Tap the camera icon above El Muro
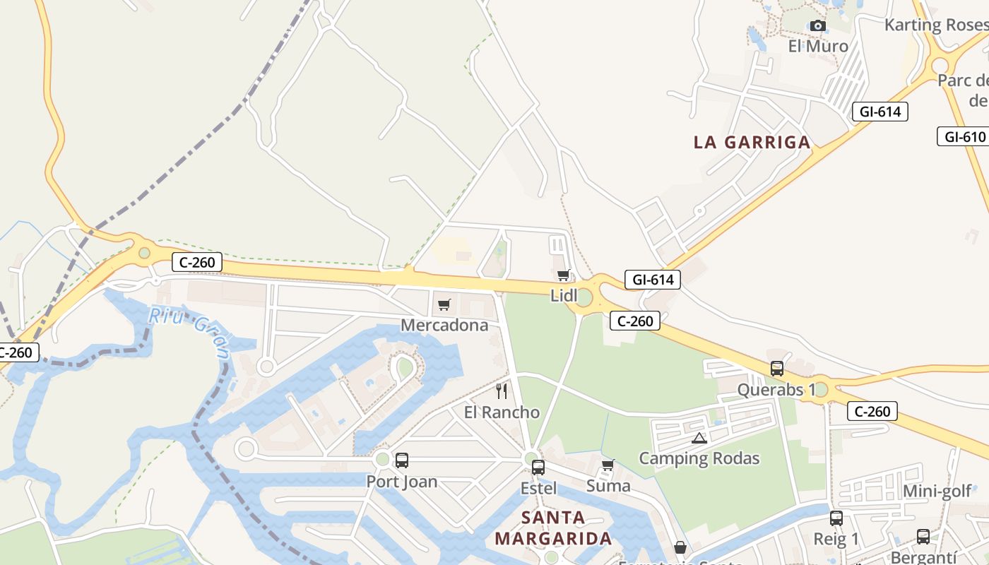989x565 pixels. pos(818,26)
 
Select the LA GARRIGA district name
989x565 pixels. pos(752,142)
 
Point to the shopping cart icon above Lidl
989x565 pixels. pos(563,275)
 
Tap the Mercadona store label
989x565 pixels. pos(444,325)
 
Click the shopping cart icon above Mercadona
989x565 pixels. pos(444,305)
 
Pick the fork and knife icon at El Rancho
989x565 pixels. pos(502,391)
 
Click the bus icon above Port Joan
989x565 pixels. pos(402,460)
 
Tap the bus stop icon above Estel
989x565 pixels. pos(538,467)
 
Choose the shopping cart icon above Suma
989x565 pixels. pos(608,465)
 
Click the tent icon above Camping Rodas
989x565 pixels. pos(699,438)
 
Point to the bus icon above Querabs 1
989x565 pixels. pos(777,369)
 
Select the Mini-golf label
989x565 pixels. pos(937,491)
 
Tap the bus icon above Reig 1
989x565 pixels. pos(836,518)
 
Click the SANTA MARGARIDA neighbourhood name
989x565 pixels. pos(553,528)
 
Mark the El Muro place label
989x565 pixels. pos(818,47)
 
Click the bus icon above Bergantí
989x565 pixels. pos(923,537)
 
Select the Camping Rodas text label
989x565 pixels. pos(699,458)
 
